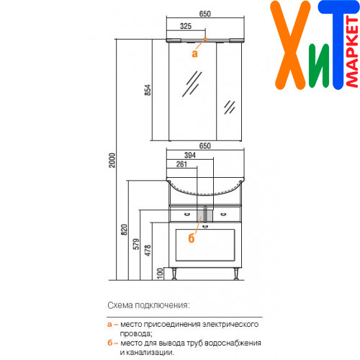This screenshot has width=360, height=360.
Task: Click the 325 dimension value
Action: pos(186,26)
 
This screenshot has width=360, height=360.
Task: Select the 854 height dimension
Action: pos(148,90)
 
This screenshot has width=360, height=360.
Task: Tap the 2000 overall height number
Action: pos(112,161)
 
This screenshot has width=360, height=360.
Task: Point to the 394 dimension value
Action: pos(190,156)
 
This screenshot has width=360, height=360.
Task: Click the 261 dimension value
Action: pos(181,164)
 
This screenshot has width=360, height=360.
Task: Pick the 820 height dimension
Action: pos(124,230)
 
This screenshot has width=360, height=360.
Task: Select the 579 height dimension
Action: pos(136,244)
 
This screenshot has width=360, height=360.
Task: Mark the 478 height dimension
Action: pos(148,251)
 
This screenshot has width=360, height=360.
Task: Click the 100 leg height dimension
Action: pos(160,274)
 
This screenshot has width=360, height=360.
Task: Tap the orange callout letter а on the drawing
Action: pos(194,54)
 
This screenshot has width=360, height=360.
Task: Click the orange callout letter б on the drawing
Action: pos(192,238)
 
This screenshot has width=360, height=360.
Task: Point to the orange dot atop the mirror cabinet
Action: pos(205,38)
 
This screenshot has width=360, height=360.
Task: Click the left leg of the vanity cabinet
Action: pos(174,274)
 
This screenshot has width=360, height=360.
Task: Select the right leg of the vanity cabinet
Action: pos(236,274)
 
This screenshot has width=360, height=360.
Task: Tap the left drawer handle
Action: pos(187,214)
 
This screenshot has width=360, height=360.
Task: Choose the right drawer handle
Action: pos(223,214)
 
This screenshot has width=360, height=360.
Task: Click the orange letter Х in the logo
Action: pos(289,45)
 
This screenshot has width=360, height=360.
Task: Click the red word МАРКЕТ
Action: pos(353,52)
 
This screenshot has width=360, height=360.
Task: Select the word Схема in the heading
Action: pos(120,305)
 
